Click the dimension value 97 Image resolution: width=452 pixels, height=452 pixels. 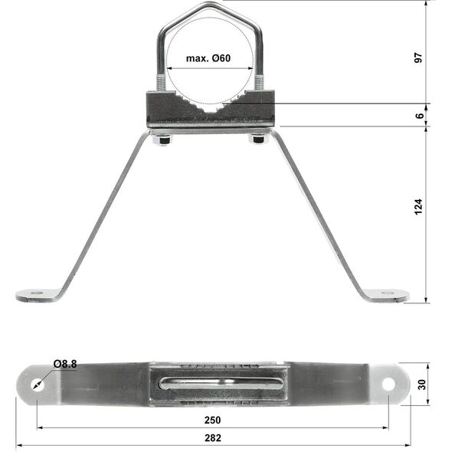(x=418, y=57)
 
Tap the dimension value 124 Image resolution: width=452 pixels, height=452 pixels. (x=418, y=206)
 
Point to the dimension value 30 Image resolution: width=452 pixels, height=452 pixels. (x=421, y=385)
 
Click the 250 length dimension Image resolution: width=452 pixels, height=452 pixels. (x=213, y=420)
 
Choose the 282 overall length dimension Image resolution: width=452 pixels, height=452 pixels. (x=213, y=438)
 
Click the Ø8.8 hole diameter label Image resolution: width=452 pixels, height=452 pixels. (x=65, y=364)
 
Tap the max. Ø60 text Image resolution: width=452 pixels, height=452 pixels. (x=208, y=58)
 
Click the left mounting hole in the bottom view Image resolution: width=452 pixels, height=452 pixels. (x=38, y=385)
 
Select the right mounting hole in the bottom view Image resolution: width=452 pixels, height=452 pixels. (x=388, y=384)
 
